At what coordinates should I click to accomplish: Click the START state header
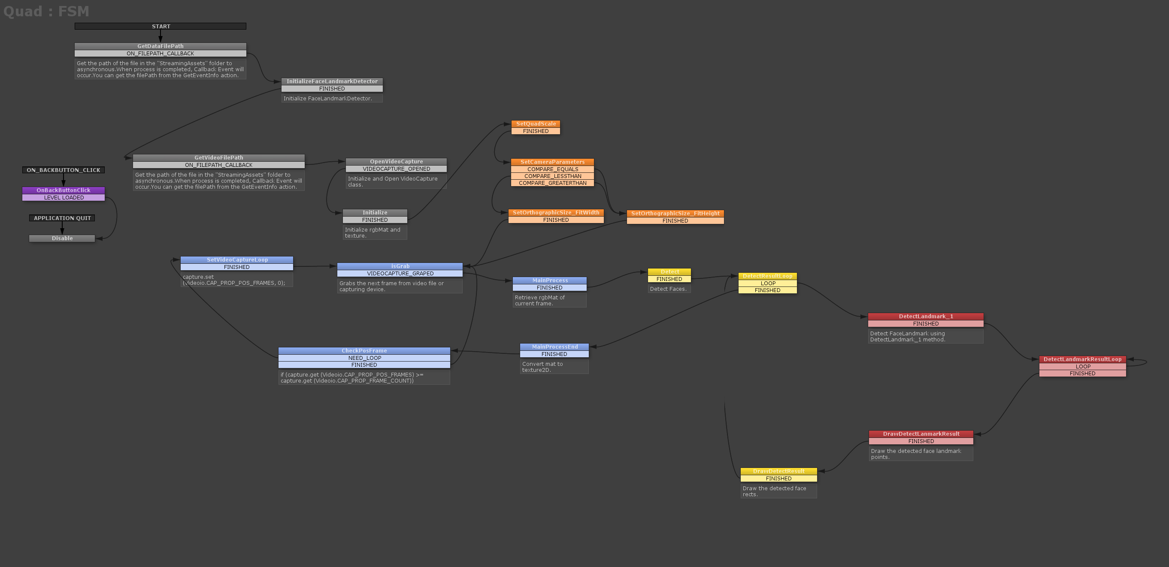tap(161, 26)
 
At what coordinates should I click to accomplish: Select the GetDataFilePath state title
tap(160, 46)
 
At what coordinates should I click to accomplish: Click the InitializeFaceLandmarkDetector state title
tap(332, 81)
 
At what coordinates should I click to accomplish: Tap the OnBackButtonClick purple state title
tap(64, 190)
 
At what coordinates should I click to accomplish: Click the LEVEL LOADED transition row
tap(64, 197)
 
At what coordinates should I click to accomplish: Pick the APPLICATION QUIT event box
tap(62, 218)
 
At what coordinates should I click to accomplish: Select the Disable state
tap(62, 238)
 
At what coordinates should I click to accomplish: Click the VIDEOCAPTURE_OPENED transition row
tap(396, 169)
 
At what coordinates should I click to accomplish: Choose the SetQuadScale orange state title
tap(536, 124)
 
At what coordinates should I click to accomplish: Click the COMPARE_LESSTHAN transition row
tap(552, 176)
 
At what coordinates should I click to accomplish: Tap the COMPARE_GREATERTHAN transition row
tap(552, 183)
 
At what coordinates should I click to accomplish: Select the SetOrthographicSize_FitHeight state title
tap(675, 213)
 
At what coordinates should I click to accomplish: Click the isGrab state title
tap(400, 266)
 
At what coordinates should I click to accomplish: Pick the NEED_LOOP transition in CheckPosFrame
tap(364, 358)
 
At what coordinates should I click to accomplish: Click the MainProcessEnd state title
tap(554, 347)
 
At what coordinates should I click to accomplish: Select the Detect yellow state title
tap(669, 272)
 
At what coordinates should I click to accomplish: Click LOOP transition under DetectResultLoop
tap(767, 283)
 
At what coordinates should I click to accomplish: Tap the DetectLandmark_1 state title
tap(926, 316)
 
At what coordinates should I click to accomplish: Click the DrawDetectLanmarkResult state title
tap(921, 434)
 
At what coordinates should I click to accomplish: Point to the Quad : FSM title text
tap(46, 11)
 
